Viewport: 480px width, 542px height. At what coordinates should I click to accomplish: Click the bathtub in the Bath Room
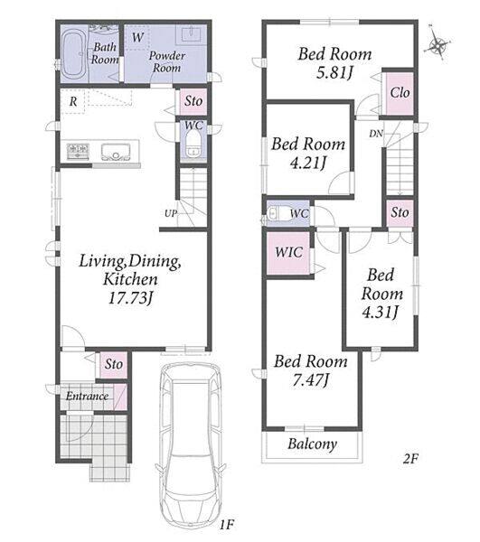point(73,54)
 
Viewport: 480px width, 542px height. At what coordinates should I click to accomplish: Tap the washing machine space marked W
point(137,37)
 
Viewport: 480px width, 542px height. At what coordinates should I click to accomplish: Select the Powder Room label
point(167,61)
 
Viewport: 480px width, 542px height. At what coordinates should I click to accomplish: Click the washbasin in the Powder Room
point(190,34)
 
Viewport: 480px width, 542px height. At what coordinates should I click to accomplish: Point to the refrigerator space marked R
point(73,101)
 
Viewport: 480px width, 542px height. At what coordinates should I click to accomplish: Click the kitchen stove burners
point(78,151)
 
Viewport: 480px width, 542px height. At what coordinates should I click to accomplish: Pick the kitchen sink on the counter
point(116,152)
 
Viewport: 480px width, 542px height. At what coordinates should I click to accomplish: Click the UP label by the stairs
point(171,213)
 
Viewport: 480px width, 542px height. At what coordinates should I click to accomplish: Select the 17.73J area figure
point(131,298)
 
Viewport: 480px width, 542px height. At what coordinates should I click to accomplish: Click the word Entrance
point(87,396)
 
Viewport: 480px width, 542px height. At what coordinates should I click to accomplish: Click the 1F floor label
point(227,525)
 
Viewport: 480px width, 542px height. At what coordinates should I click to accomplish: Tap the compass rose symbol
point(438,43)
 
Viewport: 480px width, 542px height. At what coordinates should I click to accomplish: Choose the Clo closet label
point(400,93)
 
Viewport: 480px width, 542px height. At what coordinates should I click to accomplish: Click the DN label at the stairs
point(376,133)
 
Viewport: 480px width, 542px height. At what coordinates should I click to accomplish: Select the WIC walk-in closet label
point(288,252)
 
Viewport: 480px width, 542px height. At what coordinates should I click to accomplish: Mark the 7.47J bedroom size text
point(311,380)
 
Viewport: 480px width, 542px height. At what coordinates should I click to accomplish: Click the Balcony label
point(312,444)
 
